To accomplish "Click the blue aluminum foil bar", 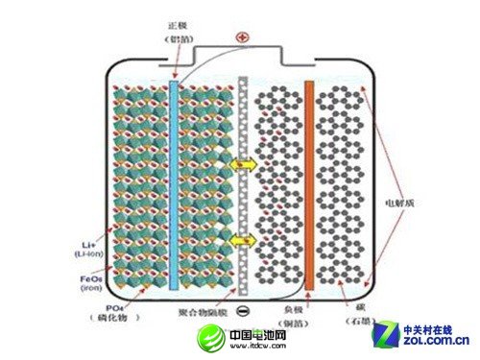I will click(x=174, y=182).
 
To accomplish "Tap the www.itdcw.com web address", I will click(x=252, y=348).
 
